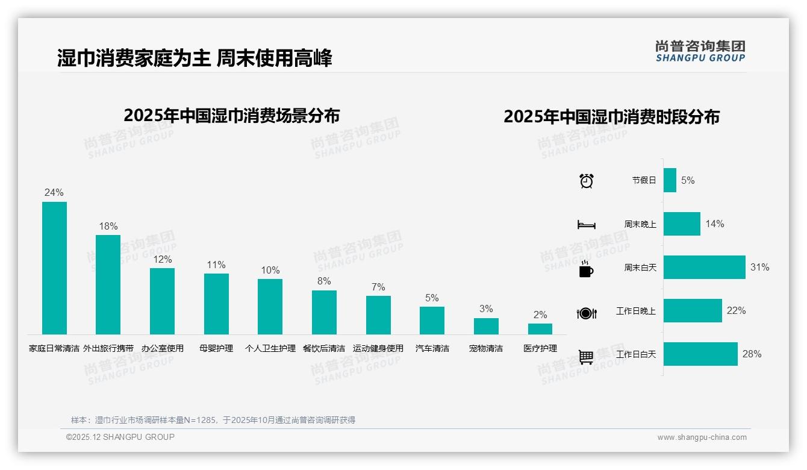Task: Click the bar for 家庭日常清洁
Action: click(54, 268)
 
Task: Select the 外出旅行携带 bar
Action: click(108, 284)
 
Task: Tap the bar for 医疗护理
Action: click(540, 329)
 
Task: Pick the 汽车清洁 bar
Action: click(432, 321)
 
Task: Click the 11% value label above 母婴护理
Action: click(216, 265)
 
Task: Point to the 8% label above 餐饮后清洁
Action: click(324, 281)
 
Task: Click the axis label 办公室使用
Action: click(162, 348)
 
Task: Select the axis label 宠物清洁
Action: click(486, 348)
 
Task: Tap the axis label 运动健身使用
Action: click(378, 348)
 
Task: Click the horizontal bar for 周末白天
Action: click(704, 267)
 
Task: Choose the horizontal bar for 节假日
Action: click(670, 180)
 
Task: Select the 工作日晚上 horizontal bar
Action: click(693, 310)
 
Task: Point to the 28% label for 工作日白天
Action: click(752, 354)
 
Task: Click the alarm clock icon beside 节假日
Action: click(587, 180)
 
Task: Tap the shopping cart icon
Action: click(587, 357)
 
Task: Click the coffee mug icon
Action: click(586, 269)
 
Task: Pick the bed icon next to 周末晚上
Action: click(586, 225)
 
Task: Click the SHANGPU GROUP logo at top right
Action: click(700, 51)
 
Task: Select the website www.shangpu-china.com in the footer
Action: click(702, 437)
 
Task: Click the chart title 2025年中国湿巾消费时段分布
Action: click(611, 117)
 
